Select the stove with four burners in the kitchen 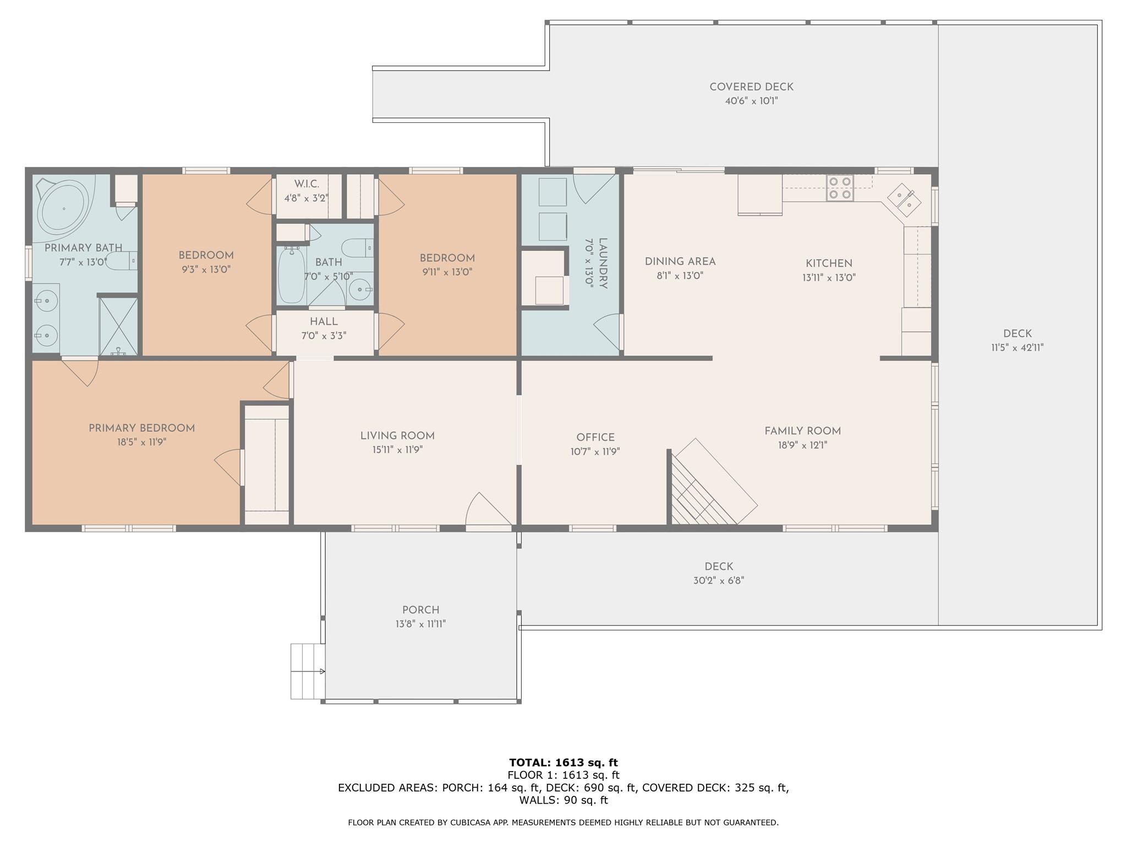(840, 188)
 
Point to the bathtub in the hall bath (291, 275)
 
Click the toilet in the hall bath (357, 248)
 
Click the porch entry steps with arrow (308, 671)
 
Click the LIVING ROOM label (397, 436)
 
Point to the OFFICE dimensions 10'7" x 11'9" (595, 452)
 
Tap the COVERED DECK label (751, 87)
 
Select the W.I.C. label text (307, 184)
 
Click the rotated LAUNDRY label (603, 263)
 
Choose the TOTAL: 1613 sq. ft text (563, 762)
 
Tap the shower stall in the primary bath (118, 326)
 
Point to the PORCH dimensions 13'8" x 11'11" (420, 624)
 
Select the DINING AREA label (680, 262)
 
